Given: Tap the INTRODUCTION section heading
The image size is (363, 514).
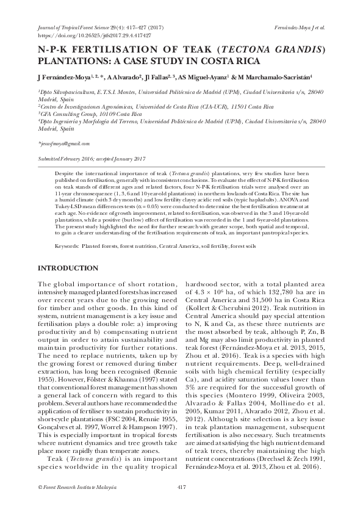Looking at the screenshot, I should coord(68,269).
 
